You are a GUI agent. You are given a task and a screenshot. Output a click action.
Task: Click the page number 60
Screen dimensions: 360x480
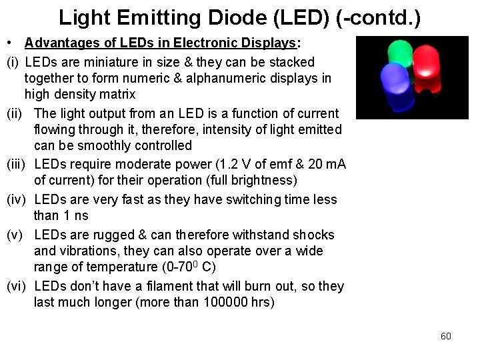point(446,336)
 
